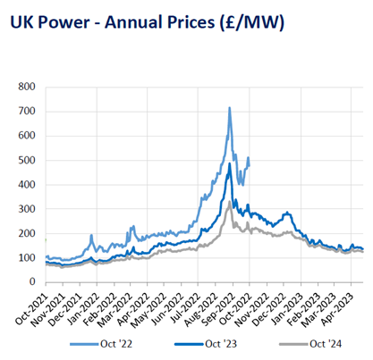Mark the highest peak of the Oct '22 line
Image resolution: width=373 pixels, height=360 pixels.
point(230,108)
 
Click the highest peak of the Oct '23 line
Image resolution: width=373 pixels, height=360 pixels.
point(230,163)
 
